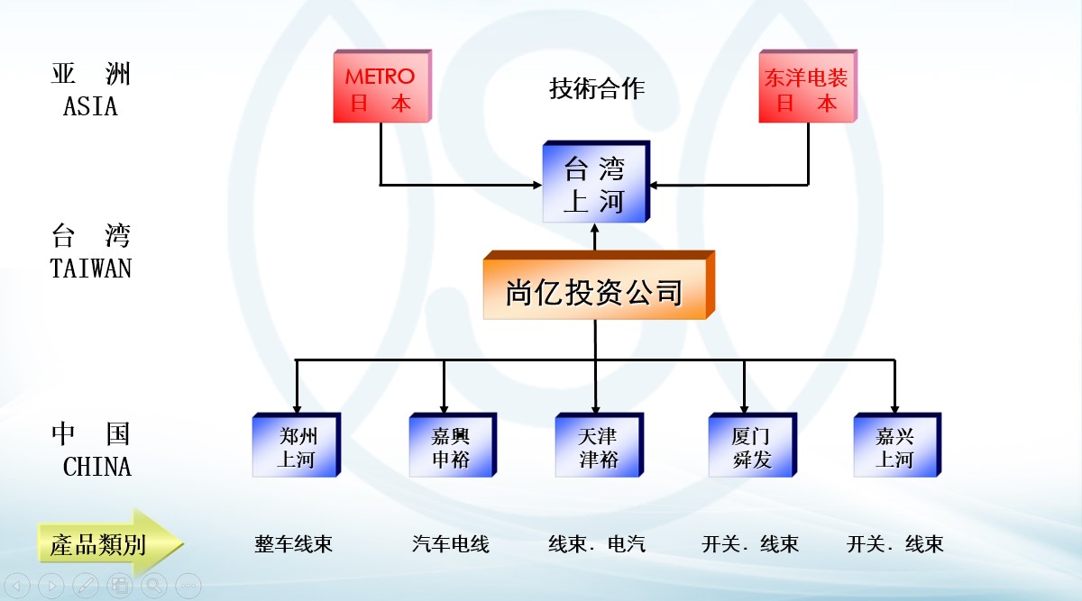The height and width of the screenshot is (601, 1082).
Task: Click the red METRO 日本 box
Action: (x=380, y=89)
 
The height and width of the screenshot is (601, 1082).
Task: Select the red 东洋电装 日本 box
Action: (x=806, y=89)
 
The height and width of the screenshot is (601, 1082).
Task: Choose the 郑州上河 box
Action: (x=296, y=448)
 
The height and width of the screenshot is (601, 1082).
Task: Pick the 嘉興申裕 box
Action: (x=450, y=448)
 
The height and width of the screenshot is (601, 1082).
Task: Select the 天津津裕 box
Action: (x=598, y=448)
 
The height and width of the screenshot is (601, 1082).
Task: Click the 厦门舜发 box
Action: (x=751, y=448)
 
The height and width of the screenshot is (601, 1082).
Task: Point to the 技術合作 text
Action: (x=597, y=88)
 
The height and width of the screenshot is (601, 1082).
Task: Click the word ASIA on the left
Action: (x=90, y=106)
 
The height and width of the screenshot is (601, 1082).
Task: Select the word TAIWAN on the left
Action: (x=90, y=269)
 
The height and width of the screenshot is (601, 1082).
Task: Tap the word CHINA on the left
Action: (x=96, y=467)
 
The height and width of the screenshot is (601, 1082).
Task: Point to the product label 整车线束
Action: (x=294, y=544)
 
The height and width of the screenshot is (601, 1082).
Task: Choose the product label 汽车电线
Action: (x=450, y=544)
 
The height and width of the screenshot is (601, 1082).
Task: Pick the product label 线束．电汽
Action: (x=597, y=544)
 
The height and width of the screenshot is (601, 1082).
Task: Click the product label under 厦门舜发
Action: (x=750, y=544)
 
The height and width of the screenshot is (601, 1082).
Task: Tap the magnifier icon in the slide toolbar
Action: (x=153, y=586)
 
